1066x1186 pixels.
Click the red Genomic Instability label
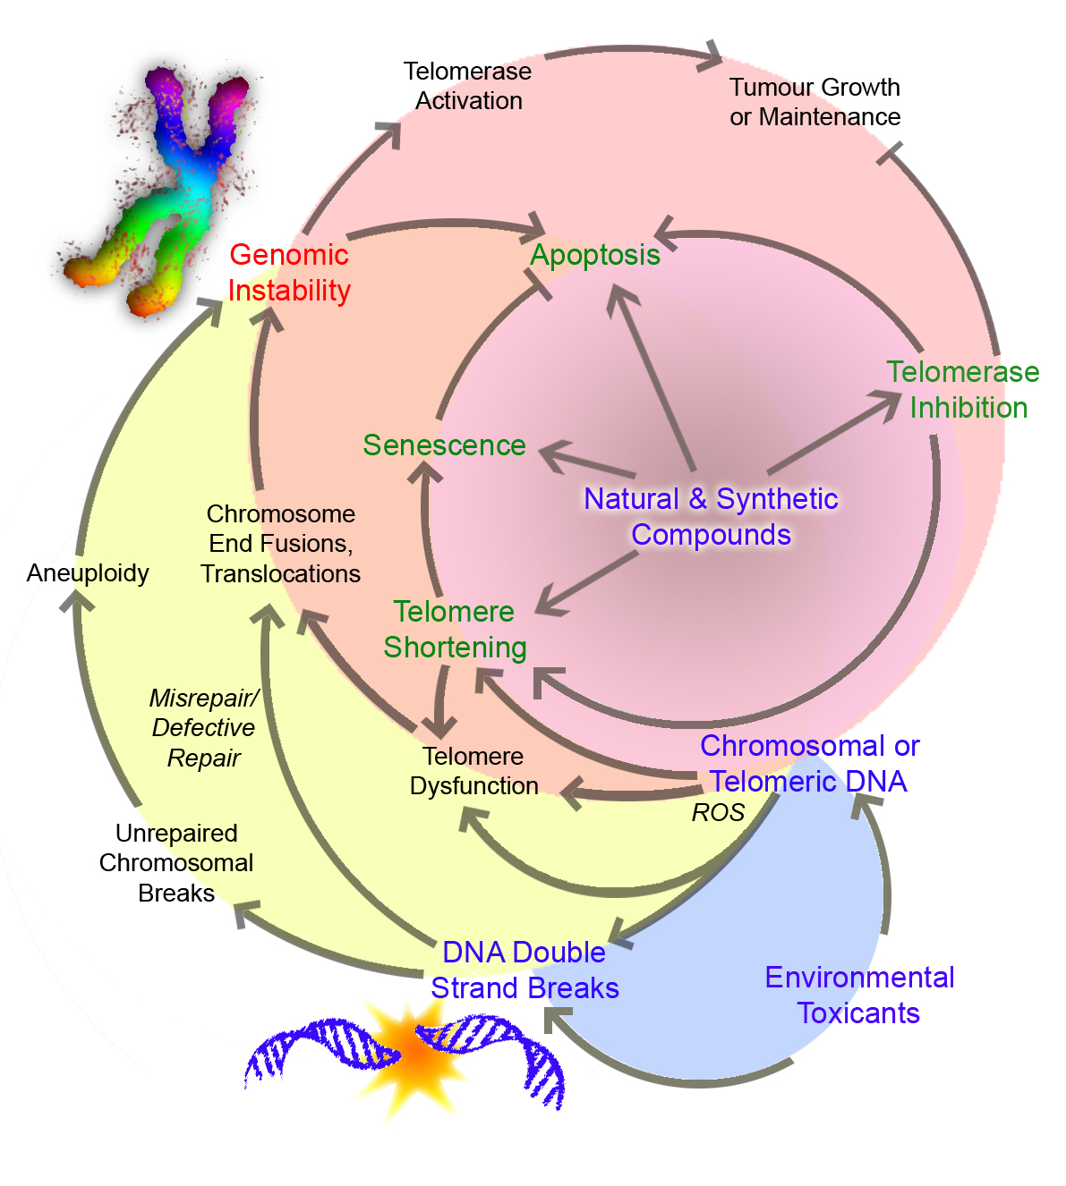tap(288, 273)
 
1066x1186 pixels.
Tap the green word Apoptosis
tap(595, 255)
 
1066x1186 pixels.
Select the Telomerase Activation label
tap(468, 86)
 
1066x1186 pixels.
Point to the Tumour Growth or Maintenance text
tap(814, 102)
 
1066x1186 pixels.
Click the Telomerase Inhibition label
tap(964, 390)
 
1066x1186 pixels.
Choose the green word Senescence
tap(444, 445)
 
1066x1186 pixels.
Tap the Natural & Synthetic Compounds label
tap(711, 517)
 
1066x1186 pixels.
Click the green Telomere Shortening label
tap(455, 630)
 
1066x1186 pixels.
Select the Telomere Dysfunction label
tap(473, 771)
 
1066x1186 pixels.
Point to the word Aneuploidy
tap(88, 573)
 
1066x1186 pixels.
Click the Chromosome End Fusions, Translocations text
tap(281, 544)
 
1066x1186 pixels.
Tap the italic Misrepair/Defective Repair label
tap(204, 728)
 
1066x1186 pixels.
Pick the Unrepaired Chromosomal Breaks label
tap(176, 863)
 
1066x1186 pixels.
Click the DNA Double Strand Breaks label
tap(524, 970)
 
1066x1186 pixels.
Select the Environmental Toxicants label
tap(859, 995)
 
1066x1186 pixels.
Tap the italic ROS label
tap(718, 813)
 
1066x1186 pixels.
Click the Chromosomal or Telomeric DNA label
tap(809, 764)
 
